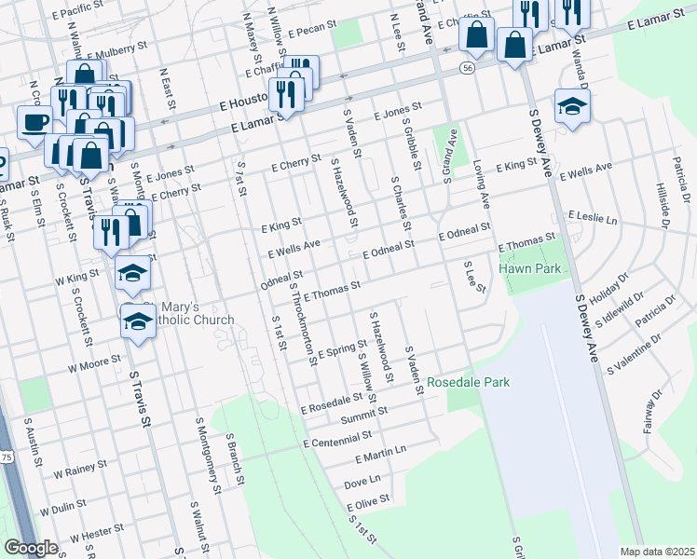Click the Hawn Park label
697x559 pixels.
(x=527, y=268)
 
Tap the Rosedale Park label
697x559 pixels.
(x=468, y=382)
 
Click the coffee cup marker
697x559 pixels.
(x=35, y=121)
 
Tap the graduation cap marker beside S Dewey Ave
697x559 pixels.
(x=571, y=106)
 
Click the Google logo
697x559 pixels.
(x=30, y=548)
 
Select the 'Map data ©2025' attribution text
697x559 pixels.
(x=657, y=552)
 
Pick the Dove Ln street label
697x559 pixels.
(x=362, y=482)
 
